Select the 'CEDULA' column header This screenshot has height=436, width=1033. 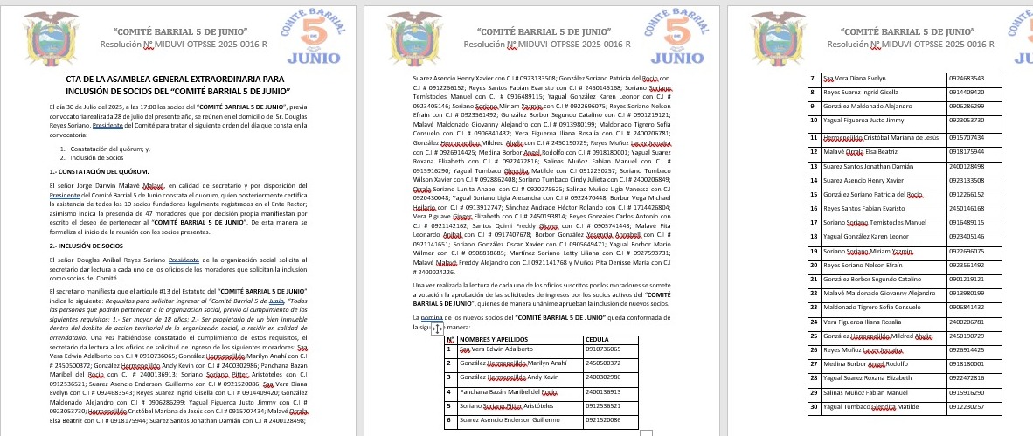click(597, 339)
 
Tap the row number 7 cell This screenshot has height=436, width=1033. click(813, 77)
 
